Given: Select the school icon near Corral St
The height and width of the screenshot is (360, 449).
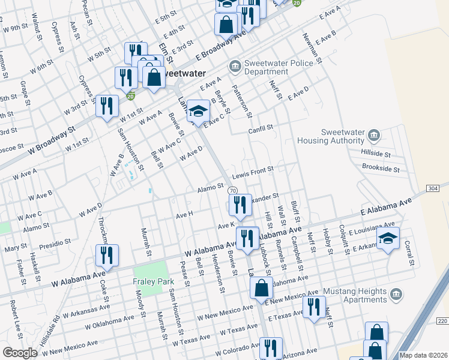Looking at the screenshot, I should (x=388, y=239).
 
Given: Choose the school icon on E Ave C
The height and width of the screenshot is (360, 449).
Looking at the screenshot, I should (x=198, y=111).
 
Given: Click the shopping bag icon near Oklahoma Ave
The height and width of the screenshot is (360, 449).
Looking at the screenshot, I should (x=262, y=288).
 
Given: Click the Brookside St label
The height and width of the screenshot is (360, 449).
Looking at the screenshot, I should (x=381, y=170).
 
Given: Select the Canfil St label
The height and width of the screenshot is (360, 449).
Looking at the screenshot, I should (x=261, y=128).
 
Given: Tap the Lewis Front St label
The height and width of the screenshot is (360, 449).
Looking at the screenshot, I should (x=253, y=172).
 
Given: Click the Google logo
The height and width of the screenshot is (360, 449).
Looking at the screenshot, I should (x=20, y=353).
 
